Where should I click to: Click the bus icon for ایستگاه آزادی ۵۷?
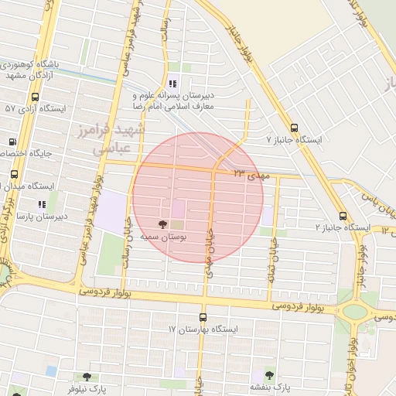coord(35,97)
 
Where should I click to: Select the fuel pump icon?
coord(12,142)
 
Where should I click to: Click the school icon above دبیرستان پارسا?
coord(42,204)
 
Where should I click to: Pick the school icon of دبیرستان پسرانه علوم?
coord(172,83)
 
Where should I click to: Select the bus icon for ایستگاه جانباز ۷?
coord(293,128)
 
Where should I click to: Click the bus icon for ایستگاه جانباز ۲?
coord(343,216)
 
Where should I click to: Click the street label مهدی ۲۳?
coord(251,175)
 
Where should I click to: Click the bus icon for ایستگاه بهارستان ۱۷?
coord(203,317)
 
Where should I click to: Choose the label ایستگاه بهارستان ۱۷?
coord(203,329)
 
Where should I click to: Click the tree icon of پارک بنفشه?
coord(269,375)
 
